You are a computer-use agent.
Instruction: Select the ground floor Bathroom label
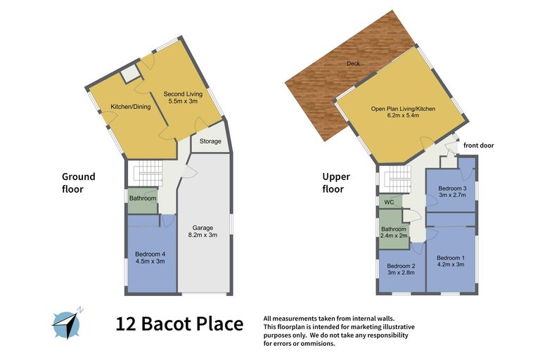(142, 198)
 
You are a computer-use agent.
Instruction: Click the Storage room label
(210, 141)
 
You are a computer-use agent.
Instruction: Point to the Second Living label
(183, 97)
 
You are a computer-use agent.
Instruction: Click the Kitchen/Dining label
(131, 107)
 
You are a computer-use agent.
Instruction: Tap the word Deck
(353, 64)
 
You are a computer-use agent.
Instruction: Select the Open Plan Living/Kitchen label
(399, 113)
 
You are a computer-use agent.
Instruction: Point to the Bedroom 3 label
(452, 192)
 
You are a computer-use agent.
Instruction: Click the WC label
(387, 202)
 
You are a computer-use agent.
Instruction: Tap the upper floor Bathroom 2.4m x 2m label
(393, 232)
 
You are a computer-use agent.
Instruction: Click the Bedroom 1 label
(451, 262)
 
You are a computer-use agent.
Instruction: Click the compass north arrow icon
(67, 322)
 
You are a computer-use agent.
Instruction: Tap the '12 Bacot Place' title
(179, 324)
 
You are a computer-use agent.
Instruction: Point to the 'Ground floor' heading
(78, 183)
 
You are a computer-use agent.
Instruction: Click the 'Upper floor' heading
(336, 183)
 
